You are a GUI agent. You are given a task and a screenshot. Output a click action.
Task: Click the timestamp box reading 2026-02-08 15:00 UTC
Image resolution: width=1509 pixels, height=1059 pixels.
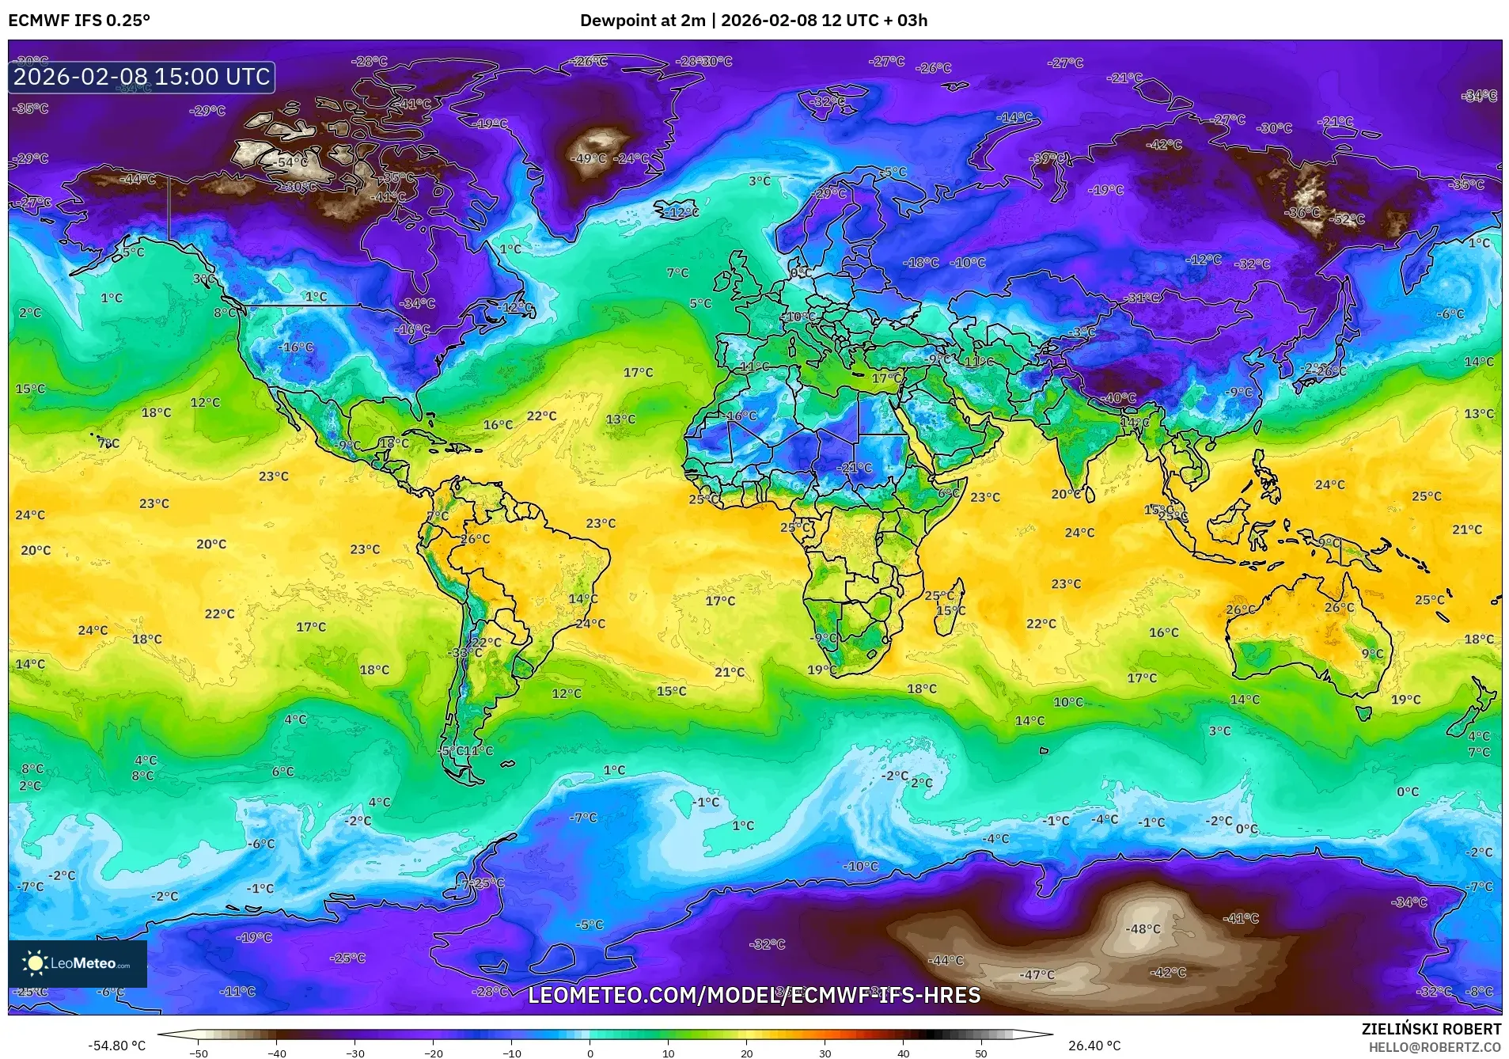pyautogui.click(x=142, y=77)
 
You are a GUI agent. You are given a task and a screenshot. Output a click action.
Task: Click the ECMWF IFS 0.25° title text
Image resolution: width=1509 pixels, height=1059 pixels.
pyautogui.click(x=79, y=21)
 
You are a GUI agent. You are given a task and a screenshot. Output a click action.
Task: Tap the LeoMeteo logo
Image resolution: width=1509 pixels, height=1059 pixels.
pyautogui.click(x=77, y=963)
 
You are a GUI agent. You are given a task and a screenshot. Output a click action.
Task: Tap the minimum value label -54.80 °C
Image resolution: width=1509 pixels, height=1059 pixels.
pyautogui.click(x=117, y=1046)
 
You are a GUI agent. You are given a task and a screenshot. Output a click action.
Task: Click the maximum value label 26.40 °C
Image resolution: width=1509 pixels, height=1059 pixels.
pyautogui.click(x=1094, y=1046)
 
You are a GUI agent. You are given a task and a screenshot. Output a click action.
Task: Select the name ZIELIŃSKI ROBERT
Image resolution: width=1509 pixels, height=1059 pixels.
pyautogui.click(x=1431, y=1029)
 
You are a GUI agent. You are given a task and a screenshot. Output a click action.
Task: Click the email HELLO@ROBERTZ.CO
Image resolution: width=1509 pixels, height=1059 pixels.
pyautogui.click(x=1435, y=1047)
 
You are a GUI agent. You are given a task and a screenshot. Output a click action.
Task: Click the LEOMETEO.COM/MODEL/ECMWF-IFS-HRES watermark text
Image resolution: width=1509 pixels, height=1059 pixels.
pyautogui.click(x=754, y=995)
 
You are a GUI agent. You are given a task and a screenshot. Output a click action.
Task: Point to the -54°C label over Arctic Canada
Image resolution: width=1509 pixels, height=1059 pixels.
pyautogui.click(x=292, y=162)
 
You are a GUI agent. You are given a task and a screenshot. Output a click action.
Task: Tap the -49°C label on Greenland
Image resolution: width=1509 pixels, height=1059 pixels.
pyautogui.click(x=589, y=158)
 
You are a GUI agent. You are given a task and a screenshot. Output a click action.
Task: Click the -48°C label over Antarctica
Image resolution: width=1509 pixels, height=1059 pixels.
pyautogui.click(x=1143, y=928)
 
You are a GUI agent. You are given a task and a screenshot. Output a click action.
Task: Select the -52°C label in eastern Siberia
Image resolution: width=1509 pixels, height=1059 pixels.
pyautogui.click(x=1346, y=219)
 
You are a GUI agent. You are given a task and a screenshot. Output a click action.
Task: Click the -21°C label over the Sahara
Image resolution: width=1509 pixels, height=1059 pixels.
pyautogui.click(x=854, y=468)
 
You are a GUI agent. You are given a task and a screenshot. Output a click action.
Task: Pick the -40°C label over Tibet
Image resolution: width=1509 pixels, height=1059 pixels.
pyautogui.click(x=1119, y=398)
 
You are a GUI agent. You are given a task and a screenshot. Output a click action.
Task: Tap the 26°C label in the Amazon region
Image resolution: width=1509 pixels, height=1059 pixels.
pyautogui.click(x=475, y=539)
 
